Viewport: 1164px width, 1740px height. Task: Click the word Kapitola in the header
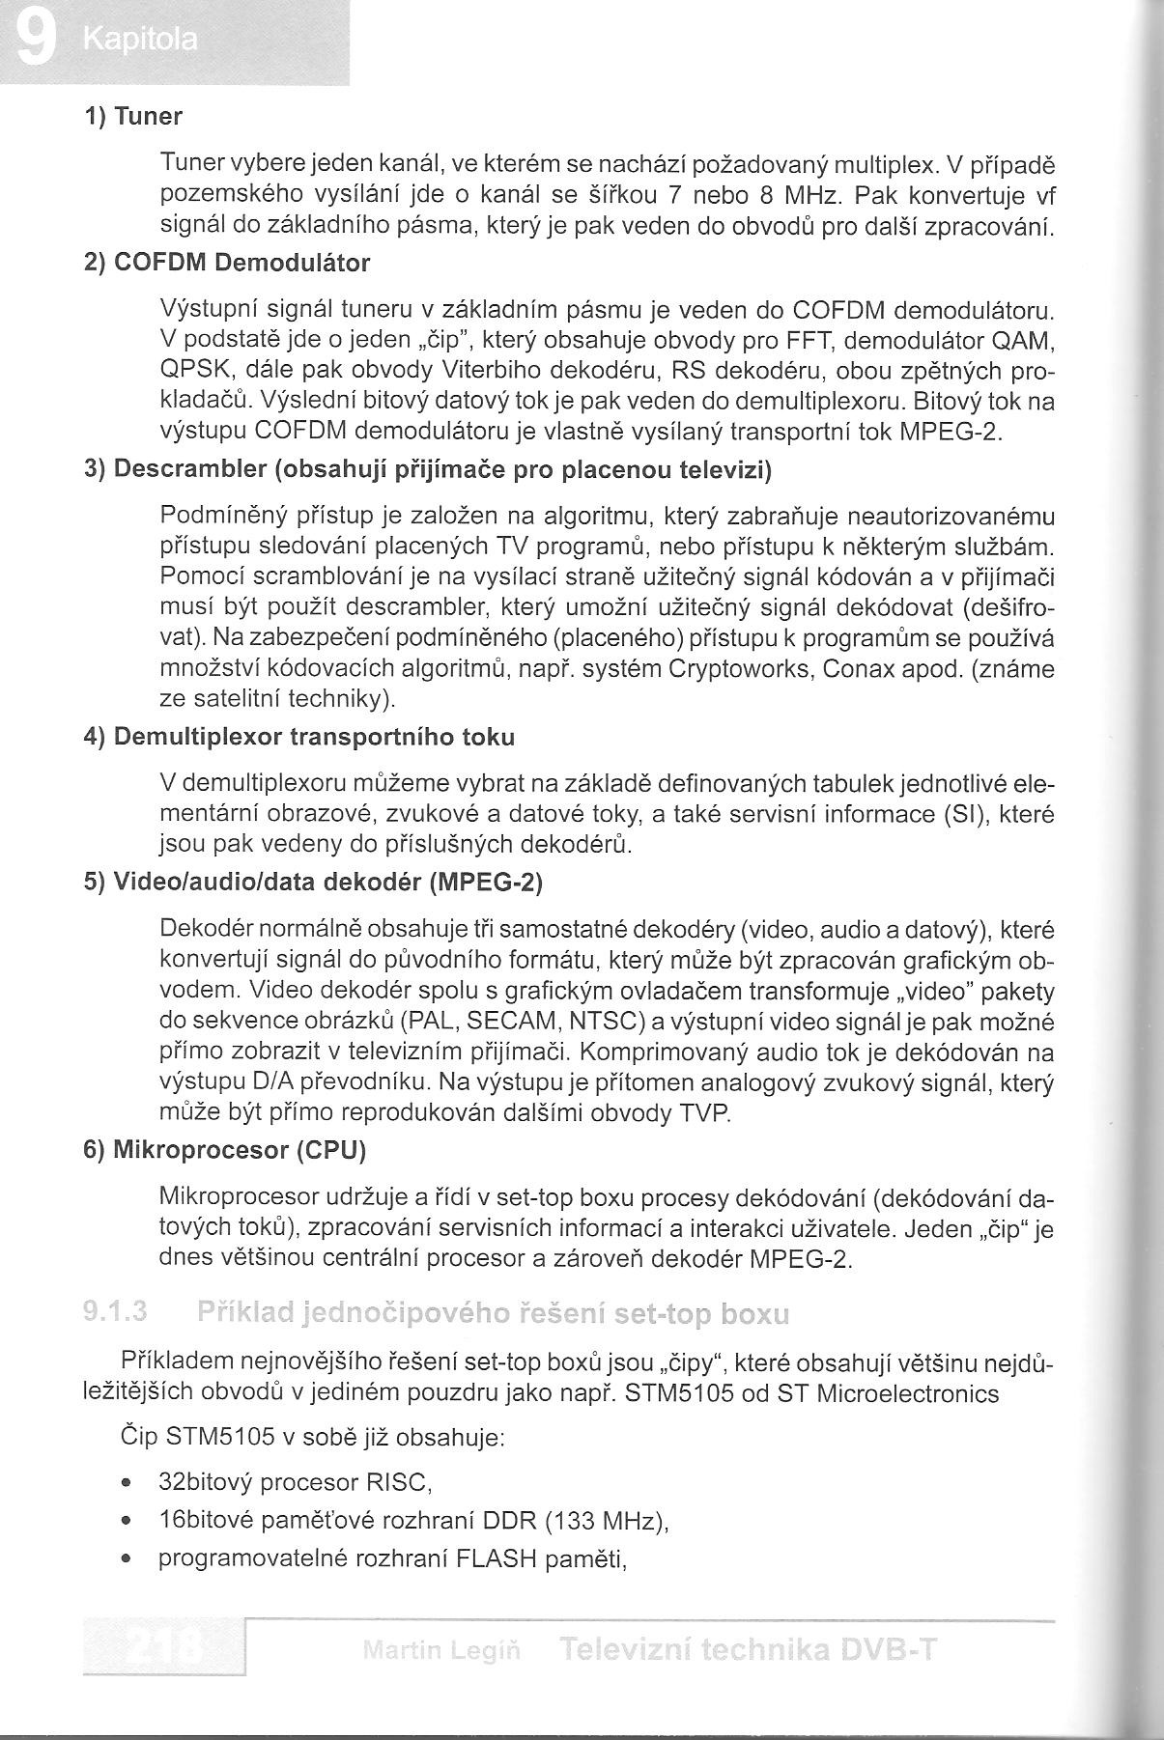point(140,42)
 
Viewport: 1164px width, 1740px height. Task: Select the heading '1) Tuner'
point(133,118)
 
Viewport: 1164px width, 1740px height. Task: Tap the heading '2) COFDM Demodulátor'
point(227,263)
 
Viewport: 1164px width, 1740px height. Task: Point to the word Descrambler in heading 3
point(190,470)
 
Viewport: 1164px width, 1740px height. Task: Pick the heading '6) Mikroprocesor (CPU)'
point(225,1150)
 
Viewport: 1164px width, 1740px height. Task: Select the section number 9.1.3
point(114,1312)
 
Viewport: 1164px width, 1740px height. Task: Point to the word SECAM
point(508,1021)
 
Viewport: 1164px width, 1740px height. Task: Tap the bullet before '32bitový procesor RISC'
point(127,1482)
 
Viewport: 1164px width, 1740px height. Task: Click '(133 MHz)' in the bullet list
point(606,1522)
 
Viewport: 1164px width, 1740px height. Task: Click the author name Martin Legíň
point(442,1650)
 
